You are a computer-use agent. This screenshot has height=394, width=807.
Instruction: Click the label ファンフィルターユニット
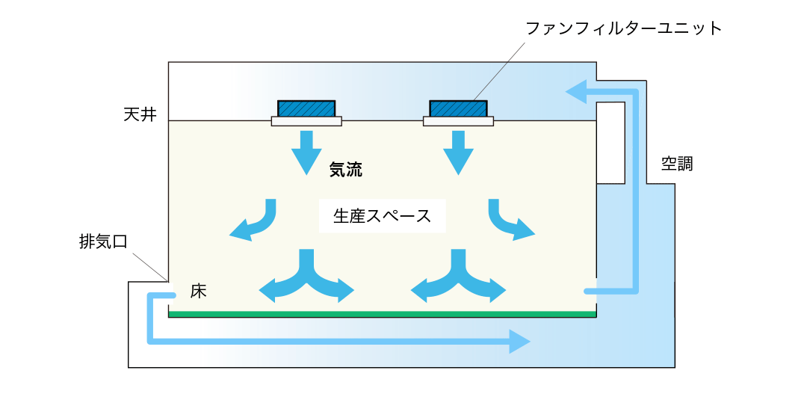tap(624, 29)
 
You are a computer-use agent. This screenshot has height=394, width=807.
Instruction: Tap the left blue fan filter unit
tap(306, 108)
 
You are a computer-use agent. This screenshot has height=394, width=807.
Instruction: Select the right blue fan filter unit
tap(458, 108)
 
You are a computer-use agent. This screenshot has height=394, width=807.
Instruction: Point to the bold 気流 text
tap(346, 170)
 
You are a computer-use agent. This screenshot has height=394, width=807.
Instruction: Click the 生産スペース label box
tap(382, 216)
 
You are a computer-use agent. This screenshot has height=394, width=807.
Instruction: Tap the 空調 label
tap(676, 164)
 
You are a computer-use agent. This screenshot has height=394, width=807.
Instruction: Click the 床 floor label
tap(198, 291)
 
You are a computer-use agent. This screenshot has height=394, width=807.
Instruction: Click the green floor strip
tap(382, 314)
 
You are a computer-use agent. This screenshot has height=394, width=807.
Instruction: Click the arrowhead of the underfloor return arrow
tap(521, 342)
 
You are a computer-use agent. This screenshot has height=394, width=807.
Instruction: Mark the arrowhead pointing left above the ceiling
tap(575, 92)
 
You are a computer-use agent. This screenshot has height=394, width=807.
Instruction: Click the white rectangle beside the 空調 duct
tap(610, 142)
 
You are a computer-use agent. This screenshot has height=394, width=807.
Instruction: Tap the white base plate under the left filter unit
tap(306, 121)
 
